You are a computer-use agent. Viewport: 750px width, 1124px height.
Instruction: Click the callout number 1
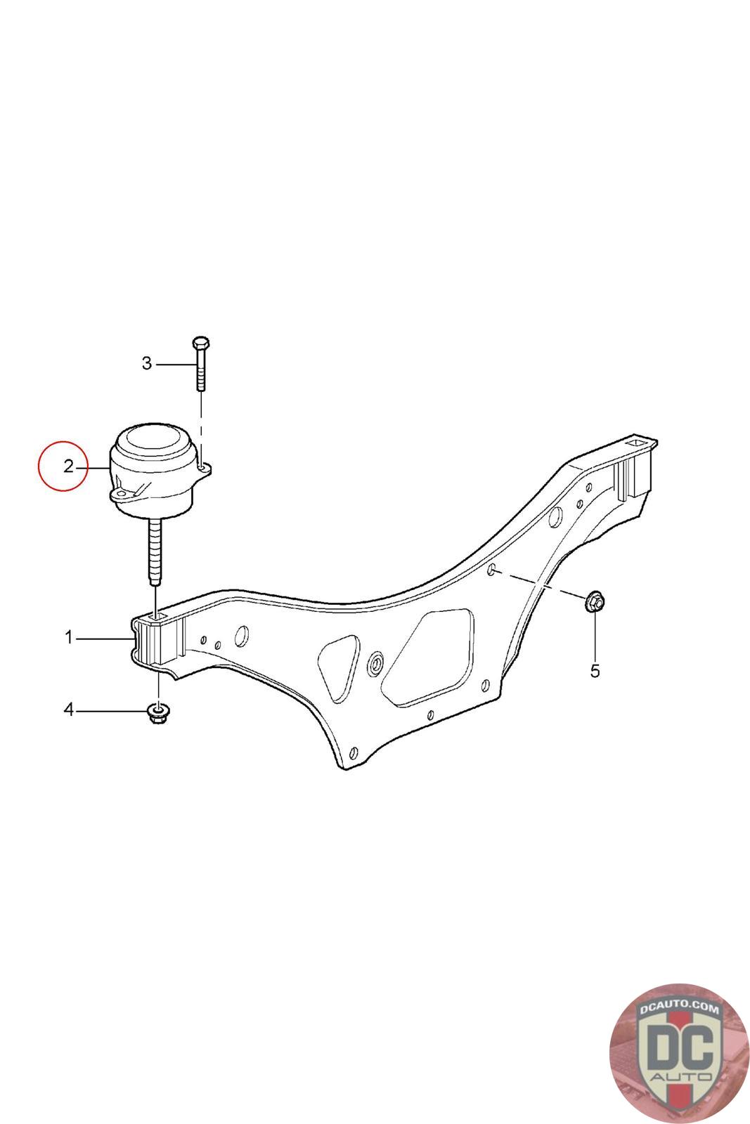point(69,638)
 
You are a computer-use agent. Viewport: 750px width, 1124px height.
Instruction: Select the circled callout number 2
point(67,466)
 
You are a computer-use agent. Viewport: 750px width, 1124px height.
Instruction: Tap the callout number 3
point(147,364)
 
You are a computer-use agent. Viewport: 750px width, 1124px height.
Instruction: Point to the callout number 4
point(69,710)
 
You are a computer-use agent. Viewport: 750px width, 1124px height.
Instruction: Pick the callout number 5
point(595,671)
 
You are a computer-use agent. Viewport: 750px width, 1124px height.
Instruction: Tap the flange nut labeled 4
point(159,713)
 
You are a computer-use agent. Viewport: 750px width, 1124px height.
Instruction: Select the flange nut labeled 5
point(595,601)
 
